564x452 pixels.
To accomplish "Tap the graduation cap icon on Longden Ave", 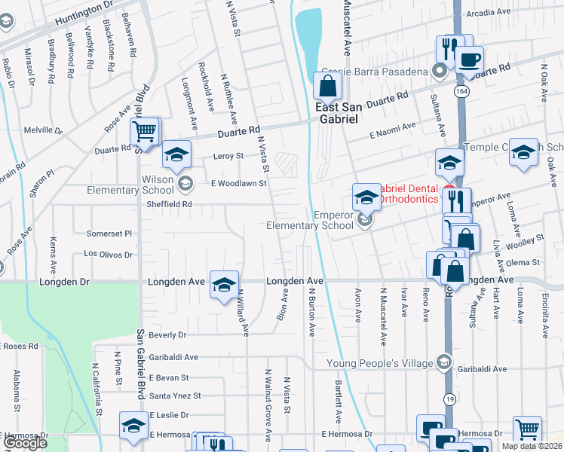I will pyautogui.click(x=224, y=285).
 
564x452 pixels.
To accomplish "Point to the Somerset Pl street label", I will pyautogui.click(x=109, y=234).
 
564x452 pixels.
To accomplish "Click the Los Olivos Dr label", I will pyautogui.click(x=108, y=255).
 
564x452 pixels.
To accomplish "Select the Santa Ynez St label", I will pyautogui.click(x=175, y=395).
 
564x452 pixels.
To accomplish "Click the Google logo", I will pyautogui.click(x=25, y=443).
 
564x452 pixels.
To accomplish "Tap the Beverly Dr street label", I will pyautogui.click(x=167, y=334).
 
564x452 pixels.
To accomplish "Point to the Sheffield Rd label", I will pyautogui.click(x=170, y=204).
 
